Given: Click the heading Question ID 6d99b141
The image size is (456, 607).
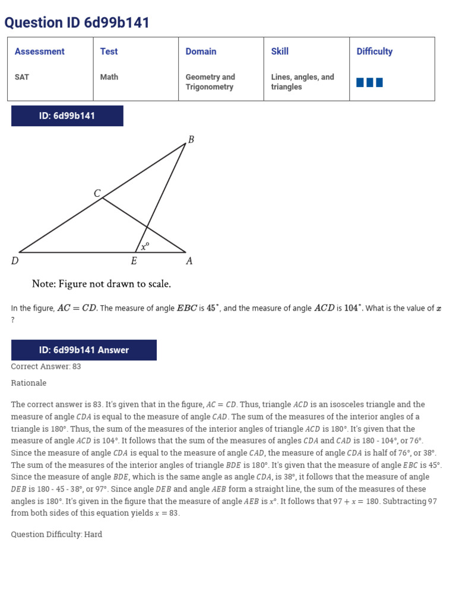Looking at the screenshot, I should tap(77, 23).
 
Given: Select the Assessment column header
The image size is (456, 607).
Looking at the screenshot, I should tap(40, 52).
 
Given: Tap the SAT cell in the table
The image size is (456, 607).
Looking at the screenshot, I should tap(22, 77).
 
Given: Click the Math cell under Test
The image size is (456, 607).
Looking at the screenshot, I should tap(109, 77).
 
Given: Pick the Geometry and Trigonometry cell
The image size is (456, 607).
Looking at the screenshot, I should tap(210, 82).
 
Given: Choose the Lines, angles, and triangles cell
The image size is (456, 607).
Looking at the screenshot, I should tap(302, 82).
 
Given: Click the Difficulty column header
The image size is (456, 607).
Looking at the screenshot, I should tap(374, 52).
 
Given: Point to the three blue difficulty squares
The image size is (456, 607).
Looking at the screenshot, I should tap(369, 82).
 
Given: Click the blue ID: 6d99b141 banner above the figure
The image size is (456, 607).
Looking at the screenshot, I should tap(67, 116).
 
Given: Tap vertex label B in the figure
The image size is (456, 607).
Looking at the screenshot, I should tap(191, 140).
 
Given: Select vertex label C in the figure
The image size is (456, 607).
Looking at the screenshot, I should tap(97, 193).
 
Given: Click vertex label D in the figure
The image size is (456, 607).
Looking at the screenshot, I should tap(15, 261).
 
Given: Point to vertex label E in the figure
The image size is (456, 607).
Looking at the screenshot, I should tap(134, 261).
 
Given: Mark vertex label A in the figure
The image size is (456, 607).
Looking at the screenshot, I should tap(189, 261).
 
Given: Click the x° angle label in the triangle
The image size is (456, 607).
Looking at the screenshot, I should tap(145, 245).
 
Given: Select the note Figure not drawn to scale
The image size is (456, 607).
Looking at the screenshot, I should tap(102, 284).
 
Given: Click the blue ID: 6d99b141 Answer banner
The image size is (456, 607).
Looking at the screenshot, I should tap(84, 350).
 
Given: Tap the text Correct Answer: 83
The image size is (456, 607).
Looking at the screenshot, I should tap(46, 366).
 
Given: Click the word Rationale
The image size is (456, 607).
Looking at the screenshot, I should tap(28, 383).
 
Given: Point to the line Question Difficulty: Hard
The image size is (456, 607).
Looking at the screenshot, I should tap(56, 534).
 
